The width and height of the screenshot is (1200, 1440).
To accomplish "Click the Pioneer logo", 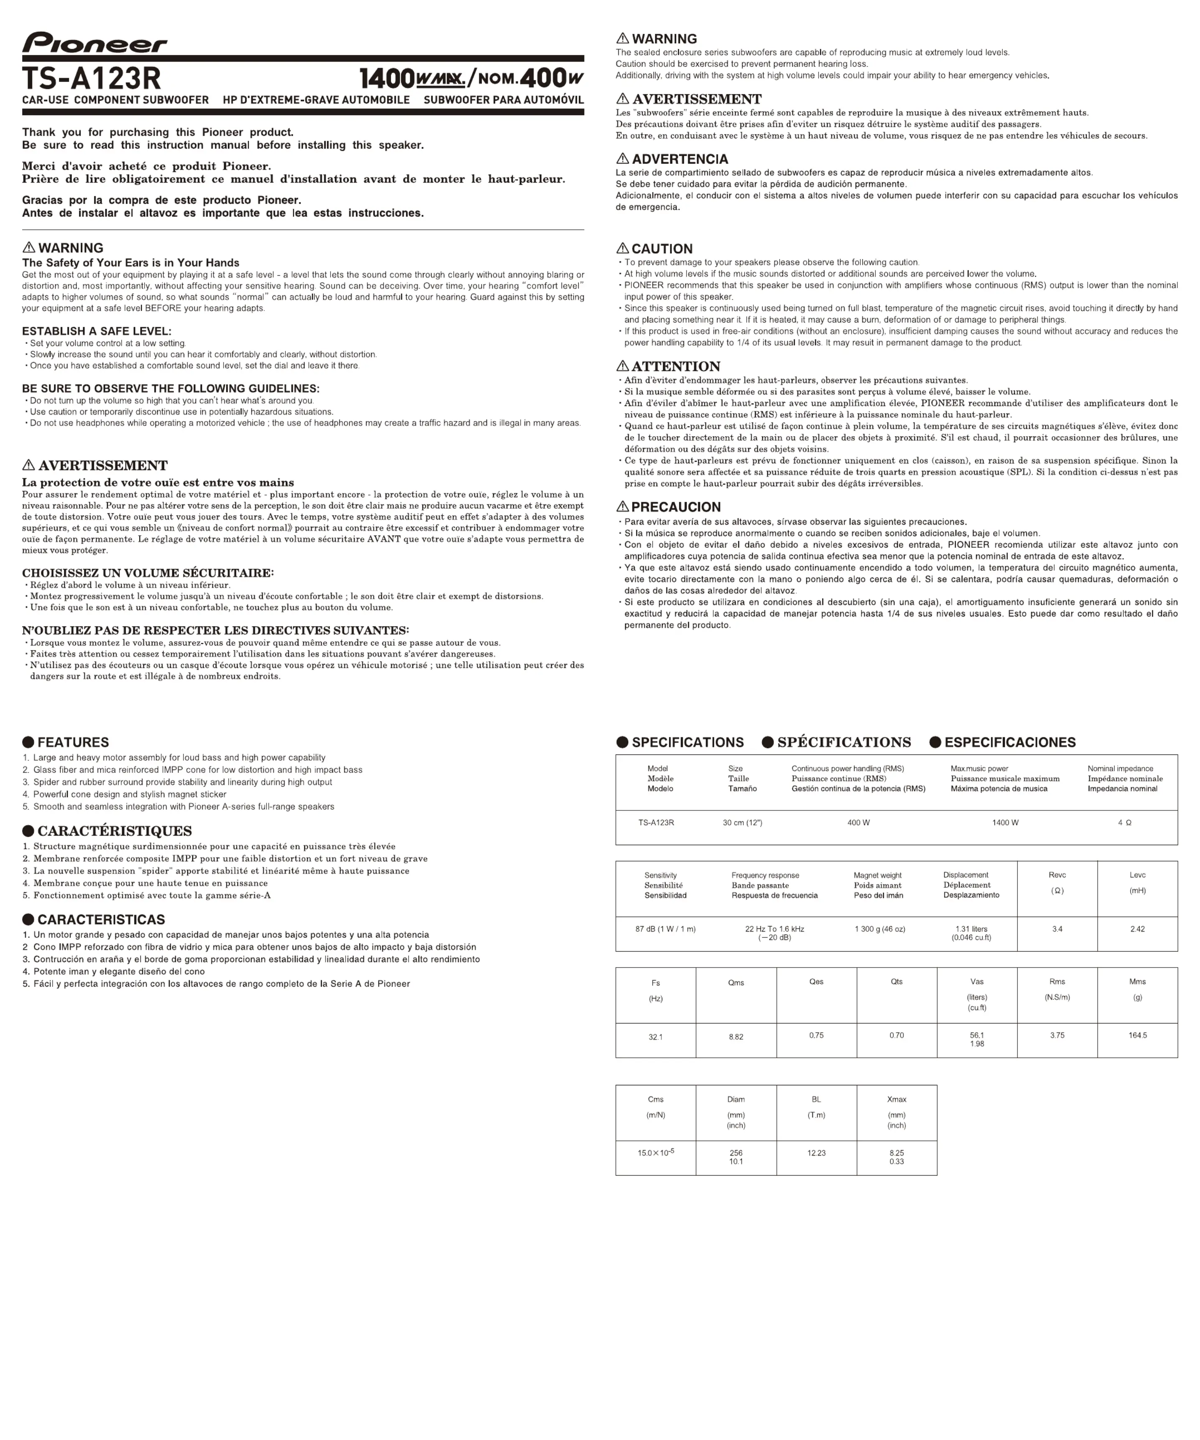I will [94, 43].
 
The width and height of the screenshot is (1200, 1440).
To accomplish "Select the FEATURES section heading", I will [73, 742].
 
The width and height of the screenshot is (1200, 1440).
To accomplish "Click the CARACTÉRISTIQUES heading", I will [114, 831].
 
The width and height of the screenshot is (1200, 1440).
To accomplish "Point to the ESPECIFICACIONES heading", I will [1009, 742].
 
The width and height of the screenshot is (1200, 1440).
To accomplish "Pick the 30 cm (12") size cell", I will [742, 822].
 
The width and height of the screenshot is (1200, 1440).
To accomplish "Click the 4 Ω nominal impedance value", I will [1124, 822].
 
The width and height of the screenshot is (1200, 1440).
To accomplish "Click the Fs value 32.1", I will [656, 1037].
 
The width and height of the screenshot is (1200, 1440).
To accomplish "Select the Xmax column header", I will [896, 1099].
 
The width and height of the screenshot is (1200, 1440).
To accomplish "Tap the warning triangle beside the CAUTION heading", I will [623, 248].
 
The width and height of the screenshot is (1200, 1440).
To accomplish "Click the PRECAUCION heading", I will [676, 507].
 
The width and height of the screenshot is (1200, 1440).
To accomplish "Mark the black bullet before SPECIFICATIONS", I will [623, 742].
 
